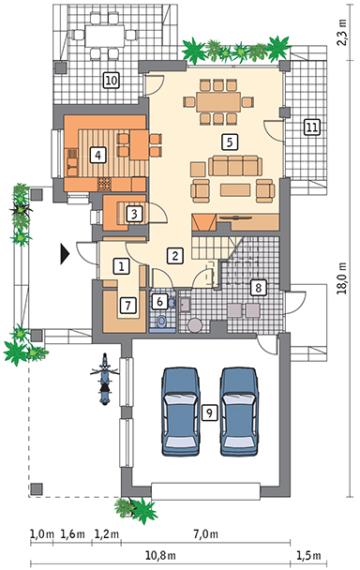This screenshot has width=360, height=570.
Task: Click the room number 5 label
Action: coord(230,142)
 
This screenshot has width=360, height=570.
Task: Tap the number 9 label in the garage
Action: coord(209,412)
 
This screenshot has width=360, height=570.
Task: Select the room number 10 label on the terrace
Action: coord(112,80)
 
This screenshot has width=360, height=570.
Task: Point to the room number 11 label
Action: coord(312,127)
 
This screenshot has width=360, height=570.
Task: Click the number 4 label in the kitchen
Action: coord(97,156)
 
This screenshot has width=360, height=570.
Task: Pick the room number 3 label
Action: coord(134,214)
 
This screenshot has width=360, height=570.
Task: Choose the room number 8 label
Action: coord(258,288)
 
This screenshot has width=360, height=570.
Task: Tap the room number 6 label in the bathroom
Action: coord(159,301)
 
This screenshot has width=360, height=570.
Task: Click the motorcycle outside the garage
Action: coord(105,379)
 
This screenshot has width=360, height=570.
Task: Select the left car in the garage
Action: coord(181,412)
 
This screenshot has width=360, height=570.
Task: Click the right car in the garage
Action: coord(239,412)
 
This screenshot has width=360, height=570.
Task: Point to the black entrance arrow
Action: coord(65,253)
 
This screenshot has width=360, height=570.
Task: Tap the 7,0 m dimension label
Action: coord(206,534)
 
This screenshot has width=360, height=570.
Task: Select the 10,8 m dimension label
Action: coord(160,555)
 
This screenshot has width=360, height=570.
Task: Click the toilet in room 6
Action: coord(162,322)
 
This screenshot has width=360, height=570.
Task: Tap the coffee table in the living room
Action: coord(235,189)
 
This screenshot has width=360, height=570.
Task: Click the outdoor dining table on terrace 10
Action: coord(104,36)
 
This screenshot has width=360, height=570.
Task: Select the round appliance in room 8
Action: coord(195,324)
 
